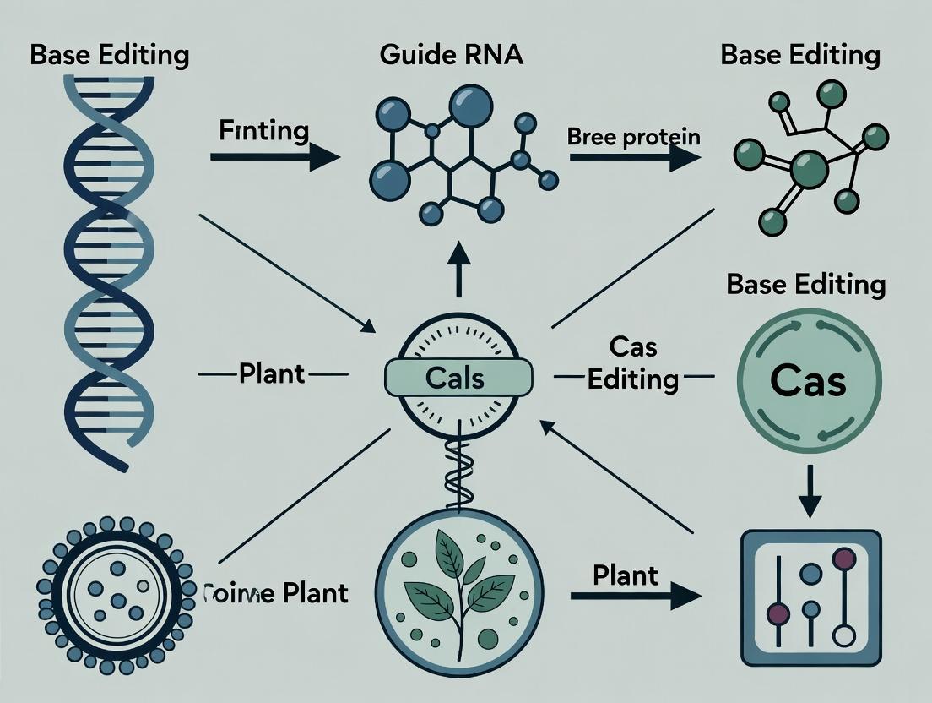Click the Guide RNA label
[x=452, y=56]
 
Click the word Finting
[x=263, y=131]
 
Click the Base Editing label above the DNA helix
[x=109, y=56]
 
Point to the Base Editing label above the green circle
[x=806, y=284]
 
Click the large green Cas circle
[x=809, y=381]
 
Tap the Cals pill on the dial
[x=458, y=376]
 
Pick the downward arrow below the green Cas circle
[x=809, y=493]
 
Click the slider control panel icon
[x=809, y=597]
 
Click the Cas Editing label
[x=633, y=363]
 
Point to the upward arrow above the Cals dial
[x=458, y=266]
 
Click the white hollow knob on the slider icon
[x=841, y=635]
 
